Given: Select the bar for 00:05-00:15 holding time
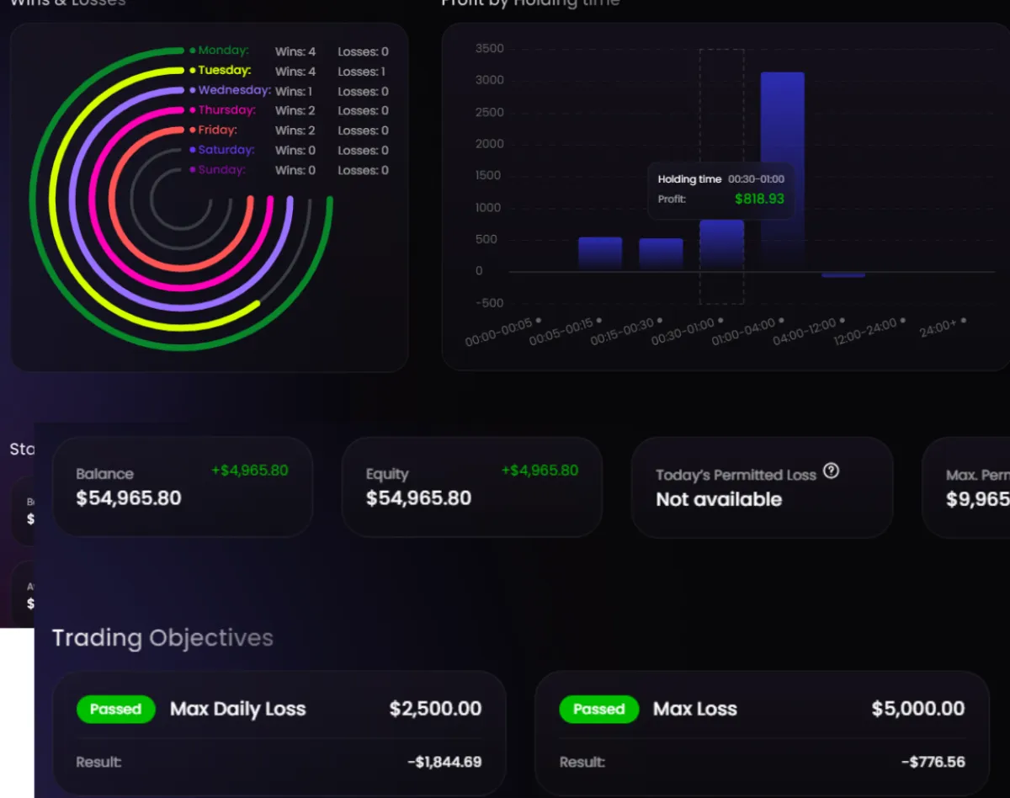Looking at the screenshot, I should pyautogui.click(x=600, y=253).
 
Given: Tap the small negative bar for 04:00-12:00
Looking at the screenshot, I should pyautogui.click(x=843, y=274).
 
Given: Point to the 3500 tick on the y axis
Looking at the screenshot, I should pyautogui.click(x=490, y=49).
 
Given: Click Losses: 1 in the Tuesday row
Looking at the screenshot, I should pyautogui.click(x=362, y=72).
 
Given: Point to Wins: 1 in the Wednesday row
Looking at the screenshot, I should pyautogui.click(x=294, y=91).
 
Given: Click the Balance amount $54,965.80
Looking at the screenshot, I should pyautogui.click(x=129, y=498).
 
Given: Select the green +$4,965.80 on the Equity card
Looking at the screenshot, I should pyautogui.click(x=540, y=471).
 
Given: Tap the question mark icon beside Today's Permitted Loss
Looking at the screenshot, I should pyautogui.click(x=831, y=471).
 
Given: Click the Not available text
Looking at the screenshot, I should pyautogui.click(x=719, y=499).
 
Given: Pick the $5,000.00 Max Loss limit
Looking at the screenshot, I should pyautogui.click(x=917, y=709).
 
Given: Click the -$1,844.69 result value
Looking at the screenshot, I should pyautogui.click(x=444, y=762).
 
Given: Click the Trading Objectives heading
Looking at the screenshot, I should pyautogui.click(x=162, y=638).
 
